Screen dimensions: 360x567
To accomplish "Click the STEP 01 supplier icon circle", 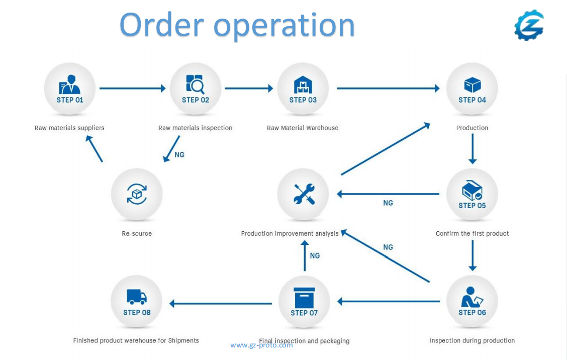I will (70, 88).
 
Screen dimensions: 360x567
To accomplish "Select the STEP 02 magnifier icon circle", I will (195, 88).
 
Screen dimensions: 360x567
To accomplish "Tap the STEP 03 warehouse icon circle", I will (303, 88).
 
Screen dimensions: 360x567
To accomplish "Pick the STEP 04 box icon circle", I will (472, 88).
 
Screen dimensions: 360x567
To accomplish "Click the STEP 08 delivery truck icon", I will (137, 297).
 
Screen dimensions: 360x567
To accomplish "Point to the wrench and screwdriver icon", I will (304, 194).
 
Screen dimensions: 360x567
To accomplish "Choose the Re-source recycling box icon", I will (137, 194).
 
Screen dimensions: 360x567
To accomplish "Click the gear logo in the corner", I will (529, 25).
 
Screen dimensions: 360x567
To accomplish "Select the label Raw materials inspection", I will (195, 128).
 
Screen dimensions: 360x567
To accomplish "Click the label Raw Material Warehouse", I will (303, 128).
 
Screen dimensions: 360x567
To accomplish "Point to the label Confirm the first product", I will (472, 233).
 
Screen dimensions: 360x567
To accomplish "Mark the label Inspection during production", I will (472, 340).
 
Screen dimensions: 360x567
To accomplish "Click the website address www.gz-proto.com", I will (261, 345).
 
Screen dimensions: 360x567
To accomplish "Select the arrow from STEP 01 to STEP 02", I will (132, 88).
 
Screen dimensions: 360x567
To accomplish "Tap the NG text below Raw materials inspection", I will (179, 155).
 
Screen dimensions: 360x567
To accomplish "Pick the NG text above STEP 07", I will (315, 256).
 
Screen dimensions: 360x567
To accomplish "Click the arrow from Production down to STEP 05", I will (472, 149).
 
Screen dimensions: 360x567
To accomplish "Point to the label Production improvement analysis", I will (290, 233).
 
